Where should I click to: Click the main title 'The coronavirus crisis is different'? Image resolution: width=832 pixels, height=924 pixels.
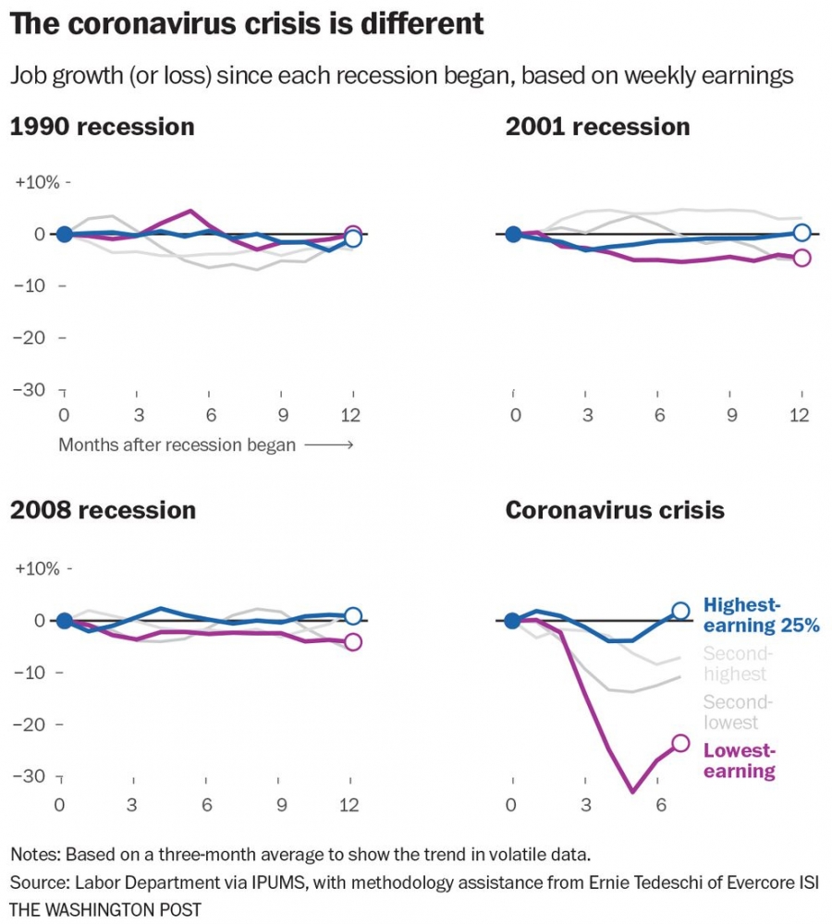tap(247, 24)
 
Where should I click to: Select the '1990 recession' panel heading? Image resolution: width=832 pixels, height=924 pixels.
tap(102, 127)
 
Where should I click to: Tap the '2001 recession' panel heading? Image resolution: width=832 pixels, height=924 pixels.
tap(597, 127)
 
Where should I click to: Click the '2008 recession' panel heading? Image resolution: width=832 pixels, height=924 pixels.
tap(103, 510)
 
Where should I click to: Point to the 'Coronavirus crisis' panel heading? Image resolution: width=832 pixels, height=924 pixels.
tap(615, 510)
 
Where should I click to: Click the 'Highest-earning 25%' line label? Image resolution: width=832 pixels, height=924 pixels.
tap(761, 615)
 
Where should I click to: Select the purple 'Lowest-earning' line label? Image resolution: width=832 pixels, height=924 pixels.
tap(740, 760)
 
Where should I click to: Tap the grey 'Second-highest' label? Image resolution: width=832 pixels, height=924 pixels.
tap(736, 664)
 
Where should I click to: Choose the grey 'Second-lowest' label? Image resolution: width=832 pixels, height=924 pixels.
tap(736, 711)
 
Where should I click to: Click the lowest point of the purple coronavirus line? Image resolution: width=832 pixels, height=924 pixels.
tap(633, 792)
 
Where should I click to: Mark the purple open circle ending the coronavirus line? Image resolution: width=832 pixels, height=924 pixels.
tap(681, 743)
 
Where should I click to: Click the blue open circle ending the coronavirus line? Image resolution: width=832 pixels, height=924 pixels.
tap(681, 611)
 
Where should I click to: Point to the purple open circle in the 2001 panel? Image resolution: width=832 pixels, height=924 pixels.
tap(801, 258)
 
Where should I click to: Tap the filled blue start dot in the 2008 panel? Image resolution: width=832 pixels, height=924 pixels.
tap(64, 620)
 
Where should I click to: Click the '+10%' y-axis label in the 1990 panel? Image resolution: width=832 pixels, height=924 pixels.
tap(37, 182)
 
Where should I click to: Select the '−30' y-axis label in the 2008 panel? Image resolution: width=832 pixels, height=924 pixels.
tap(27, 775)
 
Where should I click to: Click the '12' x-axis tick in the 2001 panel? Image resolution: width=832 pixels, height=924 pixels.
tap(801, 416)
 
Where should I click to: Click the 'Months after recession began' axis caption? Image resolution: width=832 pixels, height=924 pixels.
tap(177, 445)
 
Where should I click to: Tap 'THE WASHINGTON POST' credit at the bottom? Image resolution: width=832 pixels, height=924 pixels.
tap(105, 909)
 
